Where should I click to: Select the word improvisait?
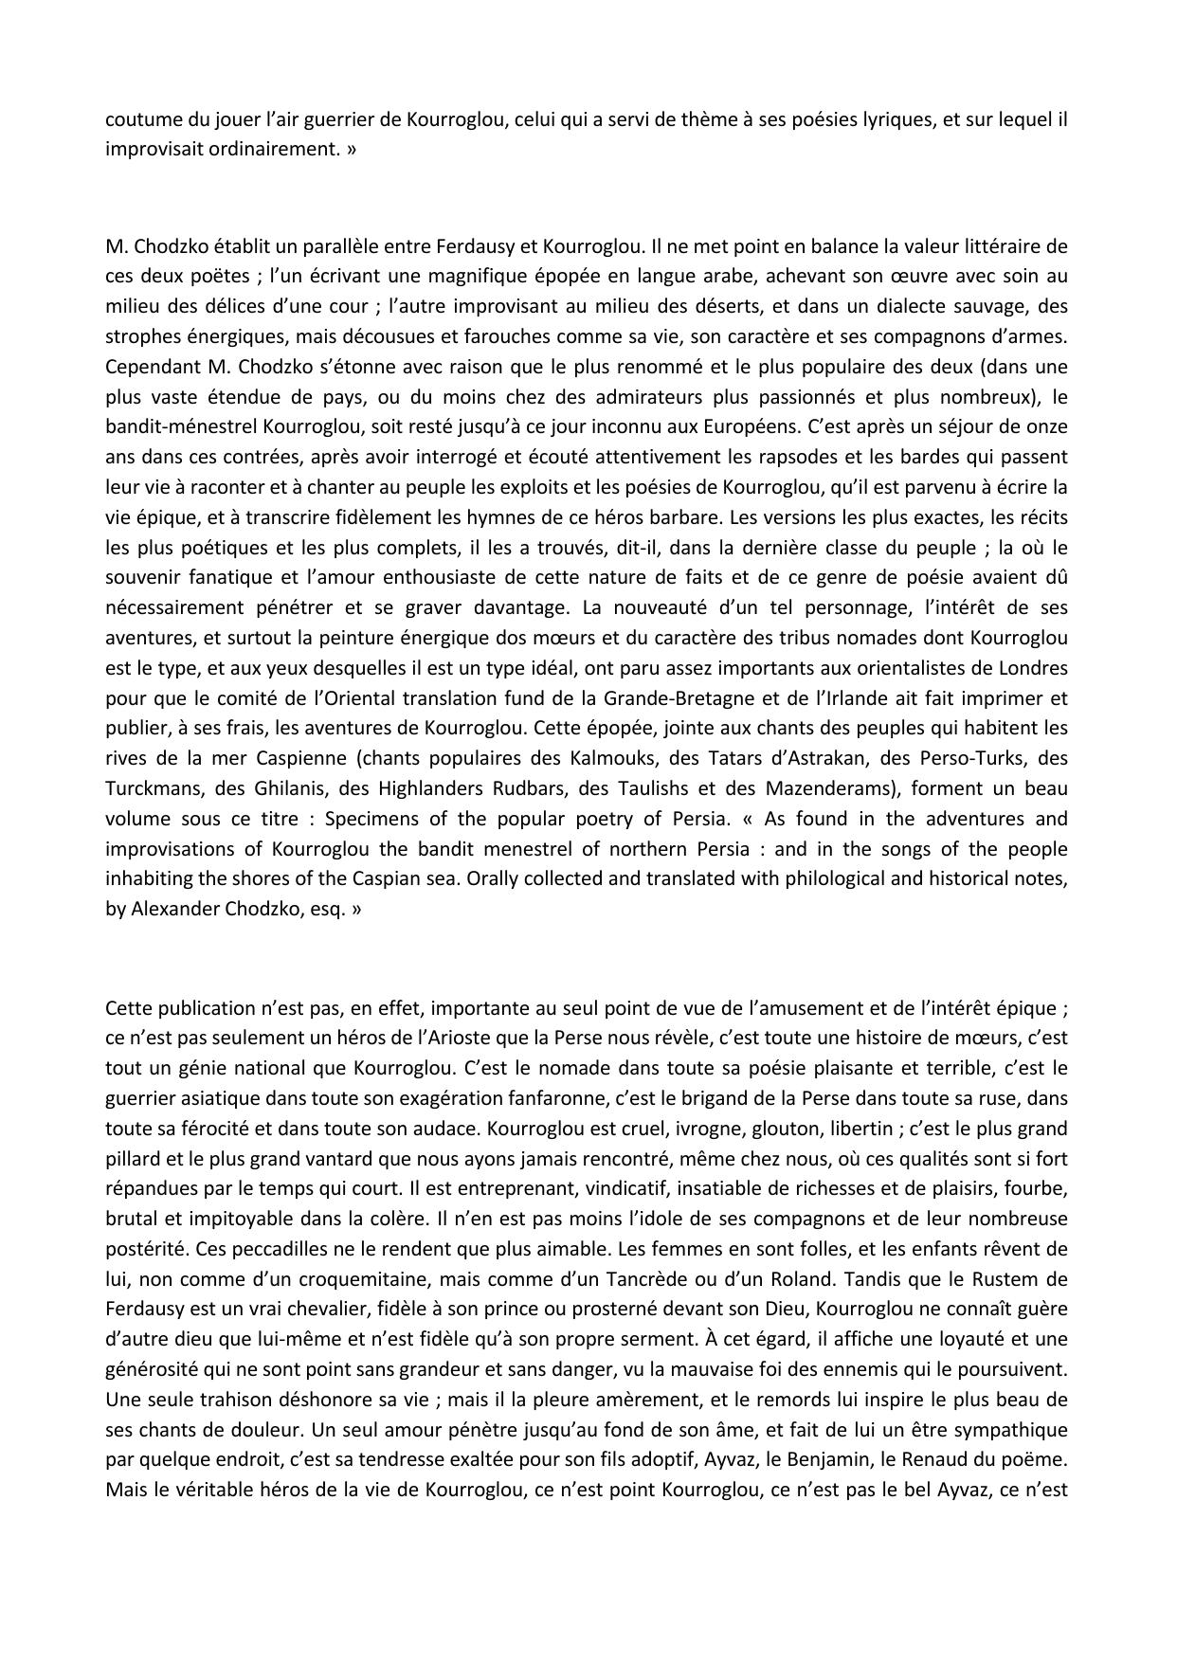[x=153, y=150]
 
